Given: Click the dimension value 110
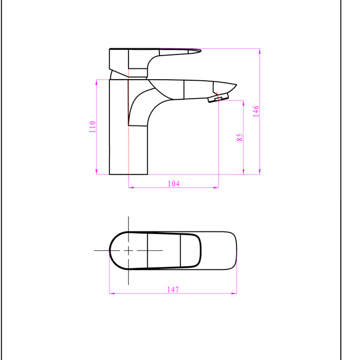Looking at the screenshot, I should click(x=93, y=127).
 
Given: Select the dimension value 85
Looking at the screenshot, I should click(x=239, y=137).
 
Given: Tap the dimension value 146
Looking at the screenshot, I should click(x=256, y=112).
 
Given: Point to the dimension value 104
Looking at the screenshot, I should click(x=173, y=184).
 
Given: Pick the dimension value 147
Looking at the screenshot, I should click(x=173, y=290).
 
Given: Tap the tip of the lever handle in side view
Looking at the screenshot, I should click(x=199, y=50).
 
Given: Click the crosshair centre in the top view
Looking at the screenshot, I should click(x=128, y=250).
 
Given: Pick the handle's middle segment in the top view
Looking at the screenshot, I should click(x=164, y=250).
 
